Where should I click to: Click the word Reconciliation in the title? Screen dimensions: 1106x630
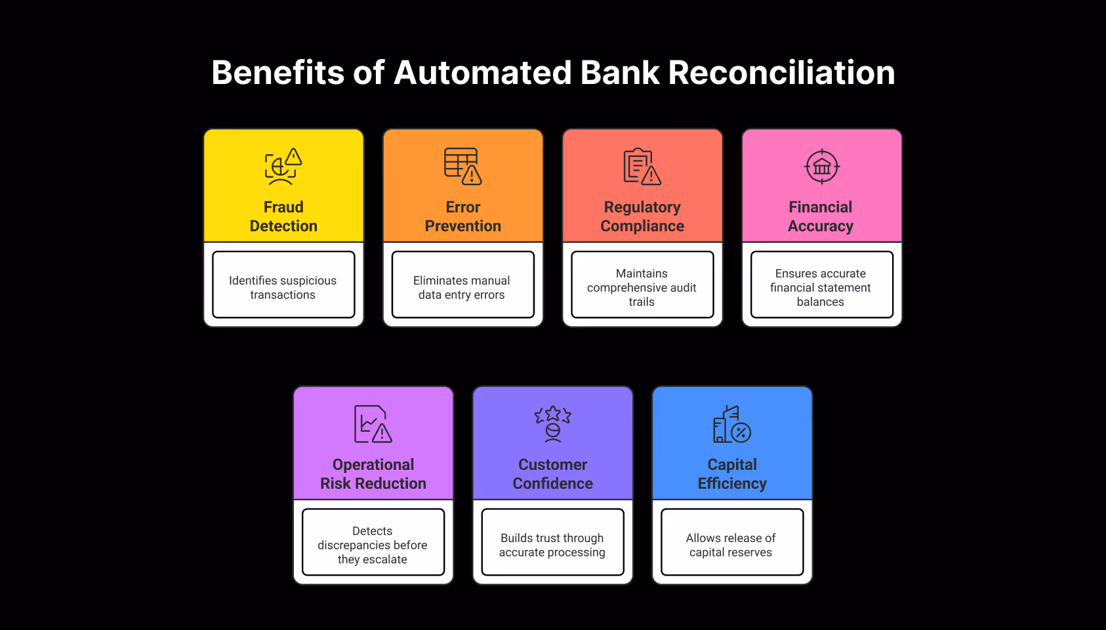tap(781, 72)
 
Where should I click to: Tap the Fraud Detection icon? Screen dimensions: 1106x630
tap(283, 166)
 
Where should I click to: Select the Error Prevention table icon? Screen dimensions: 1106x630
tap(462, 166)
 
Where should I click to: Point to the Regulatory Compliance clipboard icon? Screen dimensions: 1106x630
tap(642, 167)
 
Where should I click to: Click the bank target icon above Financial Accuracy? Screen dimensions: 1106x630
tap(821, 167)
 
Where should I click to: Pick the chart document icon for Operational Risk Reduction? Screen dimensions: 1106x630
tap(373, 424)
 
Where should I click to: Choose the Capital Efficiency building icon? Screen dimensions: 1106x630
tap(731, 424)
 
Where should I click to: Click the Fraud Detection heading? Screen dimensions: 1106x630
tap(283, 217)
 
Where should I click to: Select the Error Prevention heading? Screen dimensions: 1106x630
tap(462, 217)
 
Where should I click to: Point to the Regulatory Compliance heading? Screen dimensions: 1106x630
tap(642, 217)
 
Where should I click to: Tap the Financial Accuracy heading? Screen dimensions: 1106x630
tap(821, 217)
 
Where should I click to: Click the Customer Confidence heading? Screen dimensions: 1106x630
tap(552, 474)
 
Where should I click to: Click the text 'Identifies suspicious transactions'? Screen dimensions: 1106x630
tap(283, 287)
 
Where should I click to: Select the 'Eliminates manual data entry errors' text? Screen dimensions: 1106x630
tap(462, 287)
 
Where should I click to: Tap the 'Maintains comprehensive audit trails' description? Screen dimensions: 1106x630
tap(642, 287)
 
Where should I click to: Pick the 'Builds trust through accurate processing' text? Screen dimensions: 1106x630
tap(552, 545)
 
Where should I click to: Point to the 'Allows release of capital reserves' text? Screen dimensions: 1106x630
tap(731, 545)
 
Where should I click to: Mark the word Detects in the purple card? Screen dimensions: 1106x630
tap(372, 531)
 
